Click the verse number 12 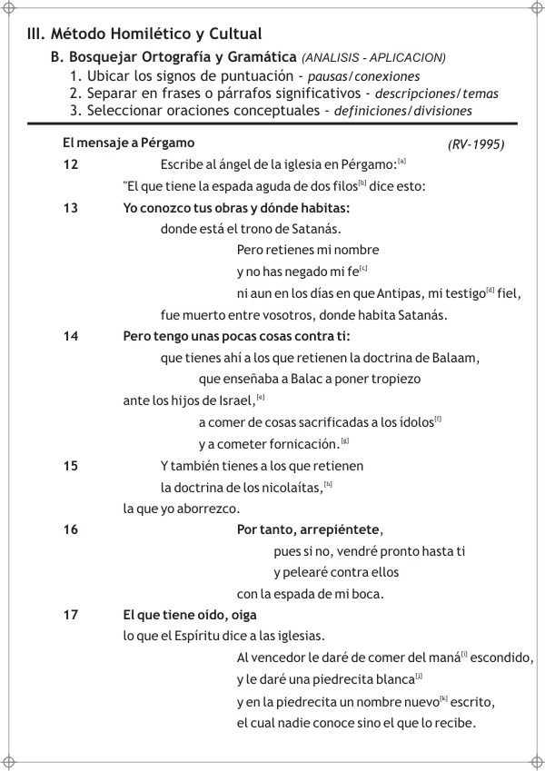pyautogui.click(x=71, y=164)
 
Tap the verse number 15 pyautogui.click(x=71, y=466)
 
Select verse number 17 pyautogui.click(x=71, y=615)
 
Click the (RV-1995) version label pyautogui.click(x=476, y=145)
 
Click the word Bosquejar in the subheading pyautogui.click(x=103, y=57)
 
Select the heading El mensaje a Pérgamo pyautogui.click(x=128, y=143)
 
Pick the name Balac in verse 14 pyautogui.click(x=324, y=379)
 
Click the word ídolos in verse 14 pyautogui.click(x=414, y=422)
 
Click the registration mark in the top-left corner pyautogui.click(x=10, y=10)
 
